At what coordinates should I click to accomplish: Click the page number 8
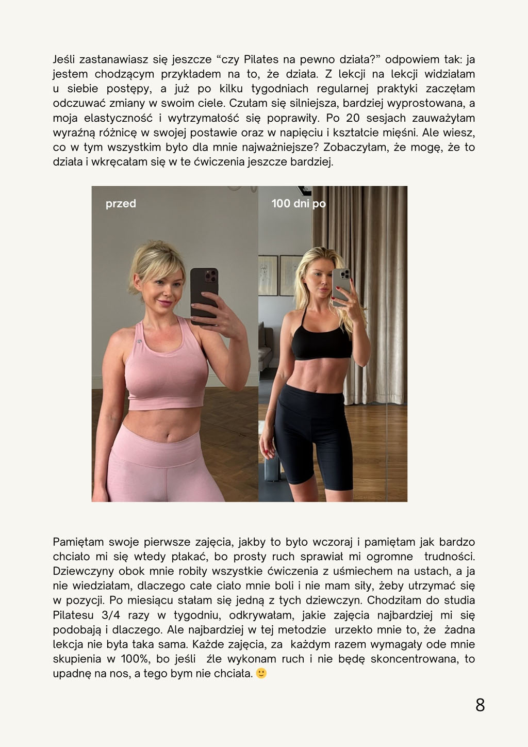(x=480, y=705)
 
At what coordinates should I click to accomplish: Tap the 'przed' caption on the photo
(x=121, y=203)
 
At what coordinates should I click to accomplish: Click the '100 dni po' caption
(x=299, y=203)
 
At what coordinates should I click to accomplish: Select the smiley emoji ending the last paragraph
(x=261, y=673)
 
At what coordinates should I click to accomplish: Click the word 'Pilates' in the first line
(x=261, y=59)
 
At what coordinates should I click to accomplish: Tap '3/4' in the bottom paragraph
(x=112, y=615)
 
